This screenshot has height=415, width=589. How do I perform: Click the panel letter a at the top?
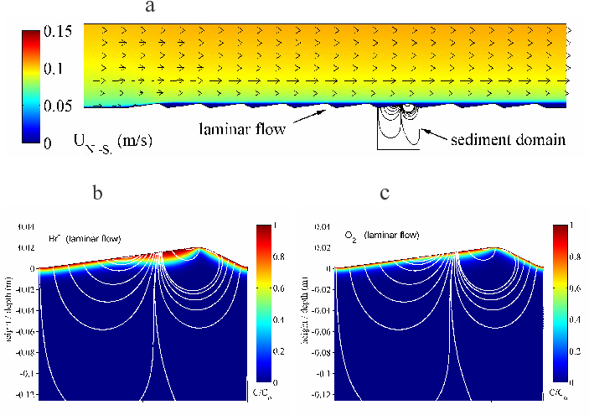[150, 8]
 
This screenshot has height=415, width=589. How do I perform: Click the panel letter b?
[98, 193]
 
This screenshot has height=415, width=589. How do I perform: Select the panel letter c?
[385, 193]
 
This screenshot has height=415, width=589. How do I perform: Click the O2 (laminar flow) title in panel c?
[380, 239]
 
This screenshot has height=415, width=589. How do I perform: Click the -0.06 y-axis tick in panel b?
[23, 329]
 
